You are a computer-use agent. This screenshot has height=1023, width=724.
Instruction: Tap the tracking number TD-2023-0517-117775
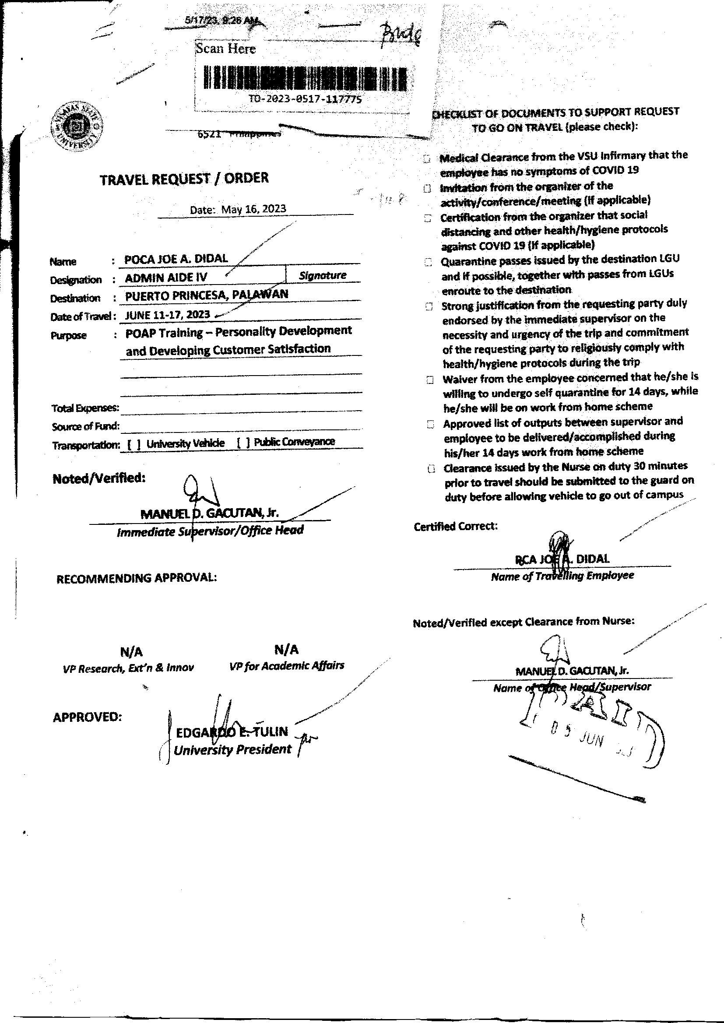coord(306,99)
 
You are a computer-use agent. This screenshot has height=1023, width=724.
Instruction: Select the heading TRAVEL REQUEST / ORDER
coord(184,179)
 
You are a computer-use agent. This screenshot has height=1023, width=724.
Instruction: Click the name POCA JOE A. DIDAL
coord(176,259)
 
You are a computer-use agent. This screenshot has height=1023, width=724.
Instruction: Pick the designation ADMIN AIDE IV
coord(166,278)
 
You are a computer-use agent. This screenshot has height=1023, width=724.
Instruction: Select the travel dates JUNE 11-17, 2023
coord(168,315)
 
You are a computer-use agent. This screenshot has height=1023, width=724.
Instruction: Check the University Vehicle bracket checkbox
coord(134,444)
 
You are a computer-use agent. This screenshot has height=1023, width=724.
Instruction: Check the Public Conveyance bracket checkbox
coord(244,443)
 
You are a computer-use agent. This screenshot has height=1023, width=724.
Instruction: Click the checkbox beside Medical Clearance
coord(427,158)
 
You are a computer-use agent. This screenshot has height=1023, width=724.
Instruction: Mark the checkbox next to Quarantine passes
coord(428,262)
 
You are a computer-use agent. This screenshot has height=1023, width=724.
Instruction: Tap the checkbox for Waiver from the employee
coord(430,380)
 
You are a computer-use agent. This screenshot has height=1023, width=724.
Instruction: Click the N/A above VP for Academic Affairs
coord(286,650)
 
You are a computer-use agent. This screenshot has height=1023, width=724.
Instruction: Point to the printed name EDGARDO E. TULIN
coord(232,732)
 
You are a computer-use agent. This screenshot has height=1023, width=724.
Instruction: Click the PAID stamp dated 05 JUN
coord(593,731)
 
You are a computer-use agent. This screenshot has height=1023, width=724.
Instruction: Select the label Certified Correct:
coord(456,527)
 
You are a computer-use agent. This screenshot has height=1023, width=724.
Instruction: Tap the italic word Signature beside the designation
coord(323,275)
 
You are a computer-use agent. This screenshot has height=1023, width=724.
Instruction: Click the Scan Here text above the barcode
coord(226,49)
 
